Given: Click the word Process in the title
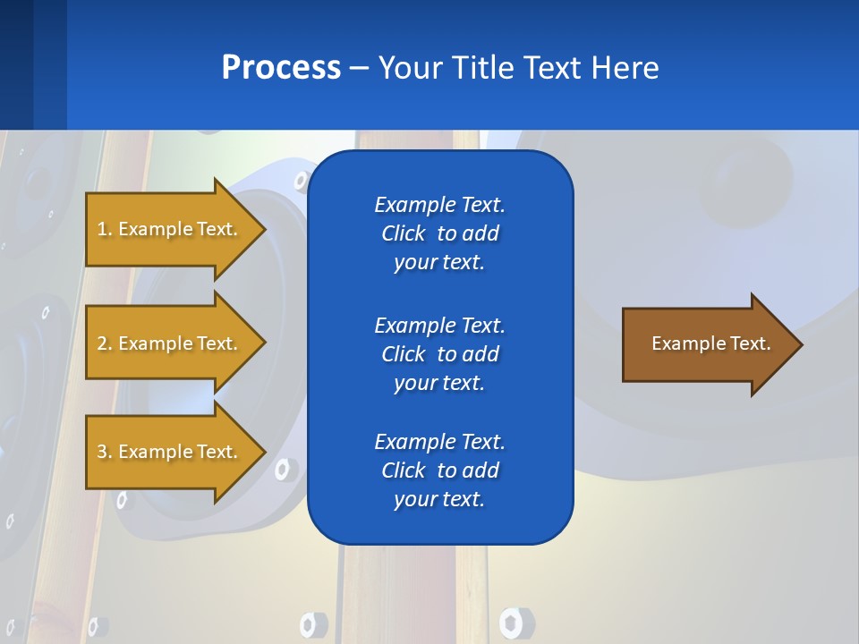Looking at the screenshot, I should pyautogui.click(x=281, y=68).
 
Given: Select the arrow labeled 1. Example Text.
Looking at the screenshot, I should pyautogui.click(x=170, y=229).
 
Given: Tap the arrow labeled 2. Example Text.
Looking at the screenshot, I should pyautogui.click(x=170, y=343).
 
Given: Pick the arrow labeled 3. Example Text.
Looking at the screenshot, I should pyautogui.click(x=170, y=452).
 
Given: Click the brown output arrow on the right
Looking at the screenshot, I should pyautogui.click(x=707, y=344).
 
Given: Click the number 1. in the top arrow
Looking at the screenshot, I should pyautogui.click(x=105, y=229).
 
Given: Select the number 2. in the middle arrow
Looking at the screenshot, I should pyautogui.click(x=105, y=343).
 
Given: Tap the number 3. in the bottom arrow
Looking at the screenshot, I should pyautogui.click(x=105, y=452).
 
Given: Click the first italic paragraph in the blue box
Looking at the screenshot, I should pyautogui.click(x=439, y=233).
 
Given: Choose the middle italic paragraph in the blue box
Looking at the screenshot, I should pyautogui.click(x=439, y=353).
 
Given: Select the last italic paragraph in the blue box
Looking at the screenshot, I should pyautogui.click(x=439, y=470).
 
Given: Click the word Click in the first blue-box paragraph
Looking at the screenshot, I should pyautogui.click(x=403, y=233).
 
